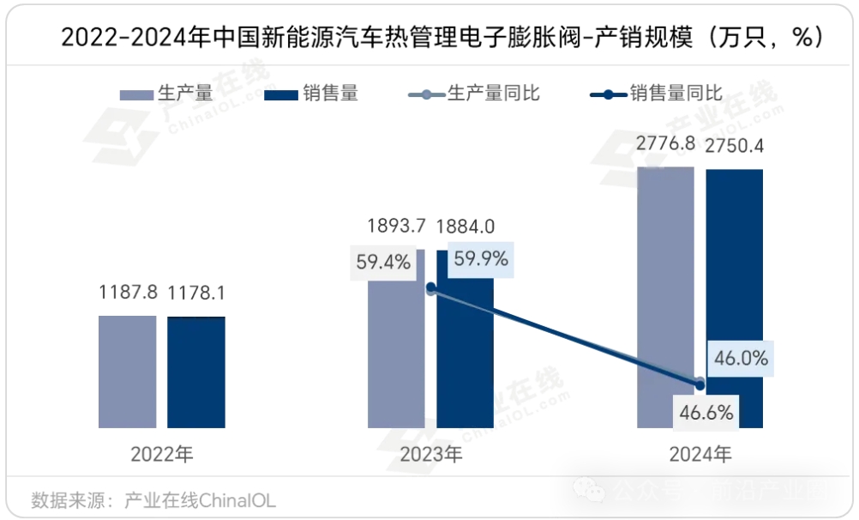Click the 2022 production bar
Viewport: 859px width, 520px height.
pyautogui.click(x=127, y=372)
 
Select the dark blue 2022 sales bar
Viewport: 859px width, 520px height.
pyautogui.click(x=196, y=372)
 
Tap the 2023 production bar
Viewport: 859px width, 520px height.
pyautogui.click(x=396, y=360)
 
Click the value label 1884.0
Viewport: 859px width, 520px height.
pyautogui.click(x=466, y=227)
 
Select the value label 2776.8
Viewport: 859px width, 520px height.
pyautogui.click(x=665, y=144)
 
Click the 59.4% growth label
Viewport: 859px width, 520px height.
pyautogui.click(x=383, y=262)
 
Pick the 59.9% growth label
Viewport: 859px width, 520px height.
pyautogui.click(x=481, y=257)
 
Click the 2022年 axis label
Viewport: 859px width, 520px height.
pyautogui.click(x=162, y=454)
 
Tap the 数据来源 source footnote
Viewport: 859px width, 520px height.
pyautogui.click(x=153, y=499)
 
